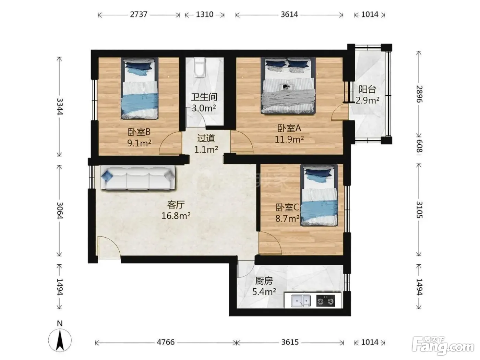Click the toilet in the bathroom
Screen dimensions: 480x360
pos(200,68)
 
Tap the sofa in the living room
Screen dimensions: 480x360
pos(138,178)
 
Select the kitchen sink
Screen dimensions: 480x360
pos(301,301)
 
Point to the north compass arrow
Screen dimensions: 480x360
pos(60,338)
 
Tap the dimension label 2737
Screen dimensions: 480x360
pos(139,14)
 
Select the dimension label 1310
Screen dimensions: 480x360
pos(204,14)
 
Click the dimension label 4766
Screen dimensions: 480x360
pos(166,342)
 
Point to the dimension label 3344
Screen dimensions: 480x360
pos(60,106)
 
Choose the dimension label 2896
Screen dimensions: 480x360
pos(419,94)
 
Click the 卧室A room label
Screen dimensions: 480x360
pos(289,128)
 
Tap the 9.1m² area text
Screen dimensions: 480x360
pos(139,143)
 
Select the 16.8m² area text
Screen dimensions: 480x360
pos(176,216)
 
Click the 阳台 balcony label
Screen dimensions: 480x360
pos(368,89)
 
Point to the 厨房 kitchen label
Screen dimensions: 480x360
pos(264,281)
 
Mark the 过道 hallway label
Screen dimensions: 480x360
pos(206,138)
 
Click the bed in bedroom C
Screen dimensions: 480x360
pos(319,195)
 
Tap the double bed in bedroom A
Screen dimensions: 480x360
pos(288,86)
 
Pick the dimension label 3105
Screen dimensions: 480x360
pos(419,210)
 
